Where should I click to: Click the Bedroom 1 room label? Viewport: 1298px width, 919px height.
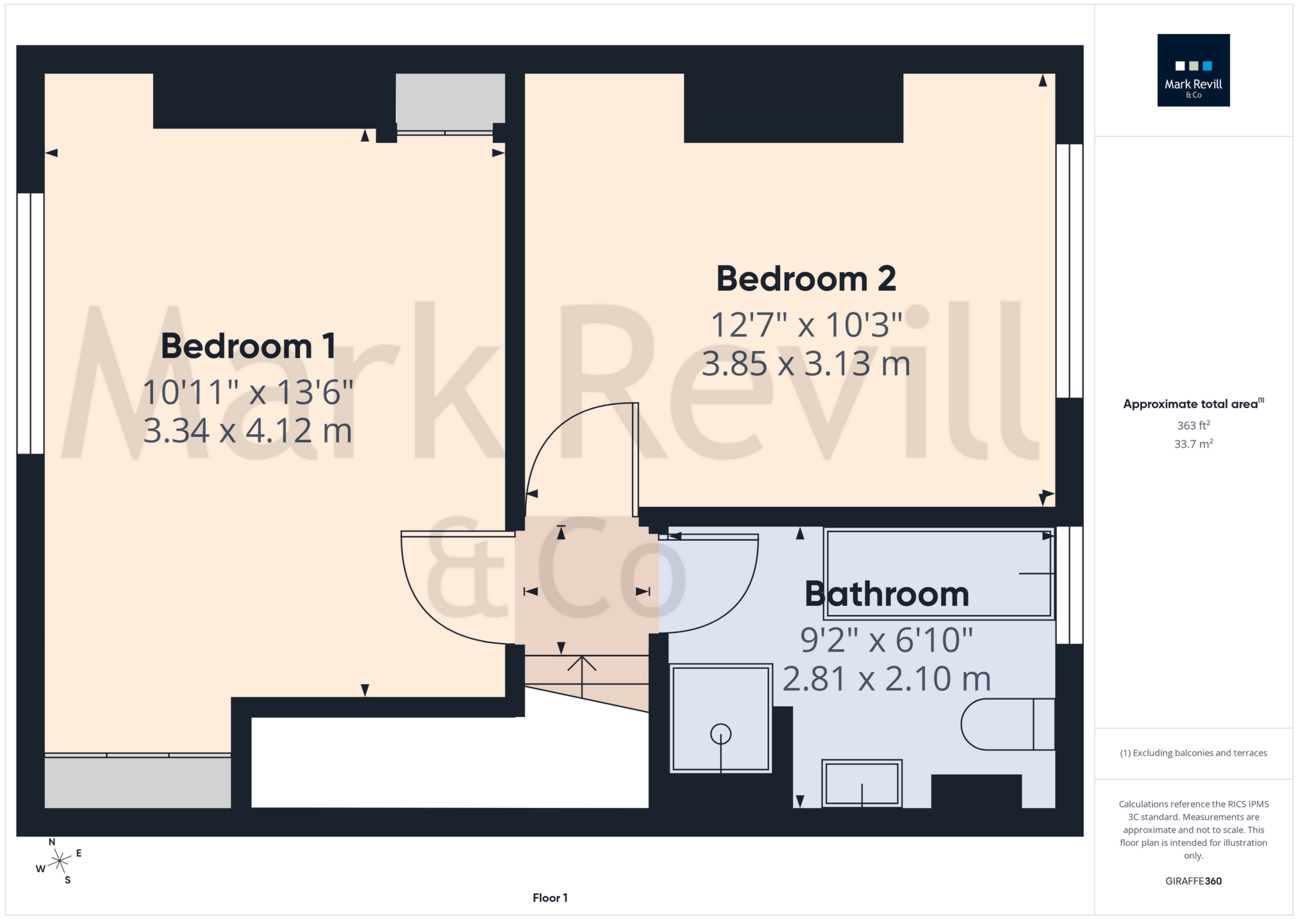(248, 346)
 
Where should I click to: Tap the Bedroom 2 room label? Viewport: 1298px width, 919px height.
(806, 279)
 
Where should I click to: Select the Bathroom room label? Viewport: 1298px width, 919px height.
(886, 594)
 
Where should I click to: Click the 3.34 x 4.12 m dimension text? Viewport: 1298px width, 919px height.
(247, 430)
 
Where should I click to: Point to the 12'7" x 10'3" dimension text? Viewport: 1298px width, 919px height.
(806, 325)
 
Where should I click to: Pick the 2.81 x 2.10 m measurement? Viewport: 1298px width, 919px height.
(886, 679)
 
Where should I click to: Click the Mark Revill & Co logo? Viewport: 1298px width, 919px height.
(1193, 70)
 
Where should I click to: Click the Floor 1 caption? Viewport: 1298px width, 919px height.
(550, 898)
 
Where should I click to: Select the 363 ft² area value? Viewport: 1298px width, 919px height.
(1193, 425)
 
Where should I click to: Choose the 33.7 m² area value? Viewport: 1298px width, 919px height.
(1193, 444)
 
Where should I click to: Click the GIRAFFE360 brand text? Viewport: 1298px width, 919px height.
(1193, 881)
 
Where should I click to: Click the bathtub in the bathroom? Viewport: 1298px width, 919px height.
(939, 574)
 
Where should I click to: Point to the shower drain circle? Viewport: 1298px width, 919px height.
(720, 734)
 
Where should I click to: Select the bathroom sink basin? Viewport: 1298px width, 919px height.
(861, 783)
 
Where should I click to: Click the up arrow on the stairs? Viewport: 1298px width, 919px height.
(582, 673)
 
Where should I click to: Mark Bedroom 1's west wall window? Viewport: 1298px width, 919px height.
(30, 323)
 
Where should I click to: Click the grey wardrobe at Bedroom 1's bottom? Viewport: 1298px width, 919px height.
(137, 782)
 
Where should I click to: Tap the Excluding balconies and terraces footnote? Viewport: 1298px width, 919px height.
(1193, 753)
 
